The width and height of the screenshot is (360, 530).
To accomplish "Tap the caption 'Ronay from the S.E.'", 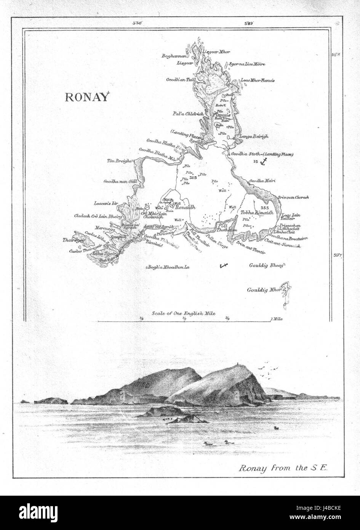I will (x=280, y=468).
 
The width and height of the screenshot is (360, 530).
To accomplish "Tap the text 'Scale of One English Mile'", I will (x=183, y=313).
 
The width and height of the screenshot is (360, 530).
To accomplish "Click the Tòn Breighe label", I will (x=119, y=161).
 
